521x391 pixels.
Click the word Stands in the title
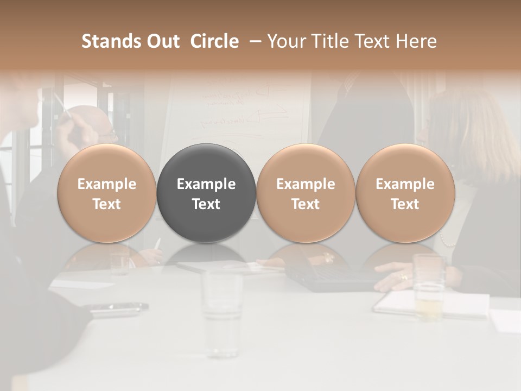(108, 41)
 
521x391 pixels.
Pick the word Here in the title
(417, 41)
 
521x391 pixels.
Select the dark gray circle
(206, 193)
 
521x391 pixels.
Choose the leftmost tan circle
(106, 193)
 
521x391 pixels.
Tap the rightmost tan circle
(405, 193)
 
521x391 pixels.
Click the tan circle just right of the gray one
(306, 193)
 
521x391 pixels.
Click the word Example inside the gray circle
(206, 184)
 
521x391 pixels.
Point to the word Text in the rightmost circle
(405, 204)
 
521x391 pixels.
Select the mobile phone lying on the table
(119, 308)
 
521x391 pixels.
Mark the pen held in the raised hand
(59, 104)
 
